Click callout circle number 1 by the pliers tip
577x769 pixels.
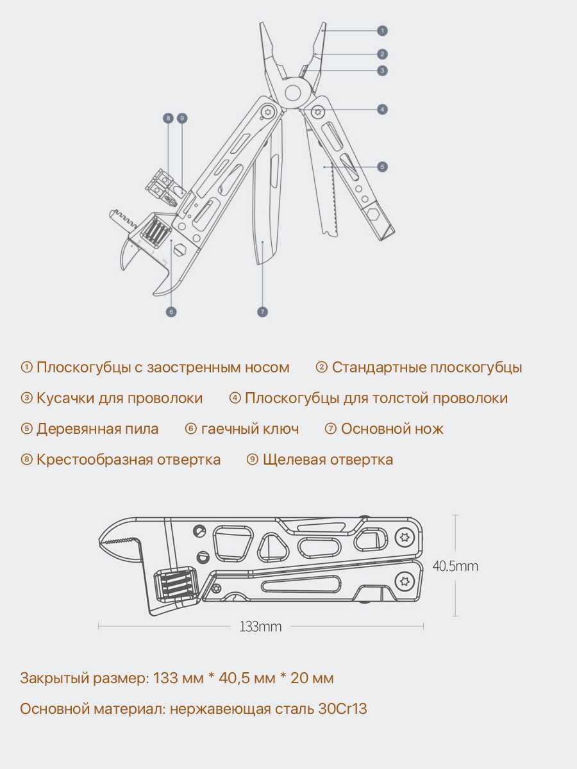(382, 31)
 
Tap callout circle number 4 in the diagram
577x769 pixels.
(382, 110)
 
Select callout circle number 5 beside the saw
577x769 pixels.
(382, 167)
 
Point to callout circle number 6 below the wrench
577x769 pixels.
(171, 312)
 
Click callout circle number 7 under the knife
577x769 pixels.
(262, 312)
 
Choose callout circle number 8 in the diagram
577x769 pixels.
(168, 119)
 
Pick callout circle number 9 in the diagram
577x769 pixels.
(182, 119)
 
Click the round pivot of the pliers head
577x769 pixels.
(293, 93)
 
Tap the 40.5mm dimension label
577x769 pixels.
(455, 566)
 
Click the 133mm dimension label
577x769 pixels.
(260, 626)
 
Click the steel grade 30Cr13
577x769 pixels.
(342, 709)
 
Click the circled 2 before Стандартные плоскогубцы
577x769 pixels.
(321, 367)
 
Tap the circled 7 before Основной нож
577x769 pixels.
(330, 429)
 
